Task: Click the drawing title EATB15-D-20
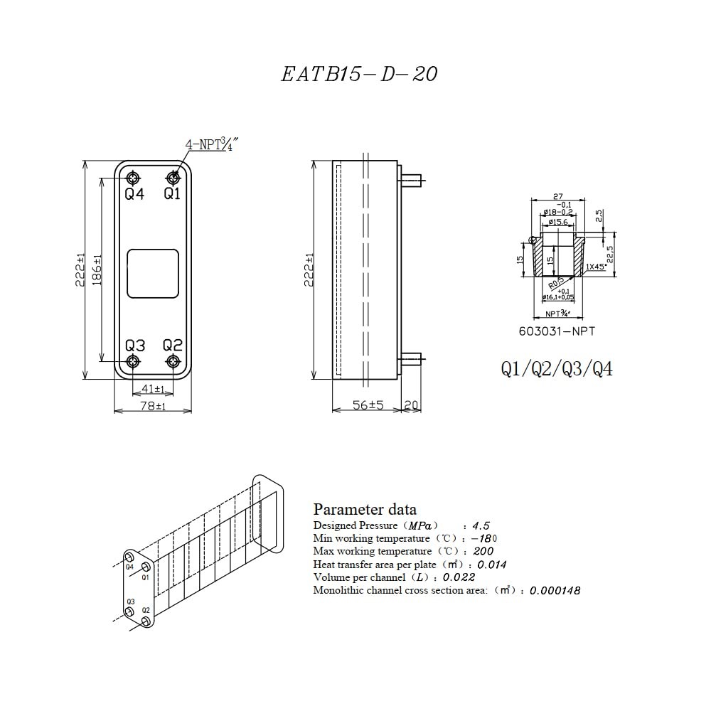click(x=359, y=75)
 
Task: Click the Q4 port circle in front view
click(x=134, y=177)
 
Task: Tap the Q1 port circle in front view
click(x=173, y=177)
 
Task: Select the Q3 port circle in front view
click(x=134, y=362)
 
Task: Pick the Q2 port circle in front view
click(x=173, y=362)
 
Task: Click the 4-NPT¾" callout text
click(x=210, y=144)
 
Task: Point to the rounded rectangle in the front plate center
click(x=152, y=273)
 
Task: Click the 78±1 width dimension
click(x=152, y=406)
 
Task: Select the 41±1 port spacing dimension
click(x=153, y=389)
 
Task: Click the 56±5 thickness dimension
click(x=368, y=405)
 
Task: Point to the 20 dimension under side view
click(x=411, y=405)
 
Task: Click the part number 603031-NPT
click(x=557, y=331)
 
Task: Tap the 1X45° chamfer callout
click(x=596, y=267)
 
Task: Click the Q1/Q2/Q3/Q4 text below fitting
click(x=557, y=369)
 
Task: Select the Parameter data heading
click(x=365, y=509)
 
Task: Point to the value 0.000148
click(x=555, y=590)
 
